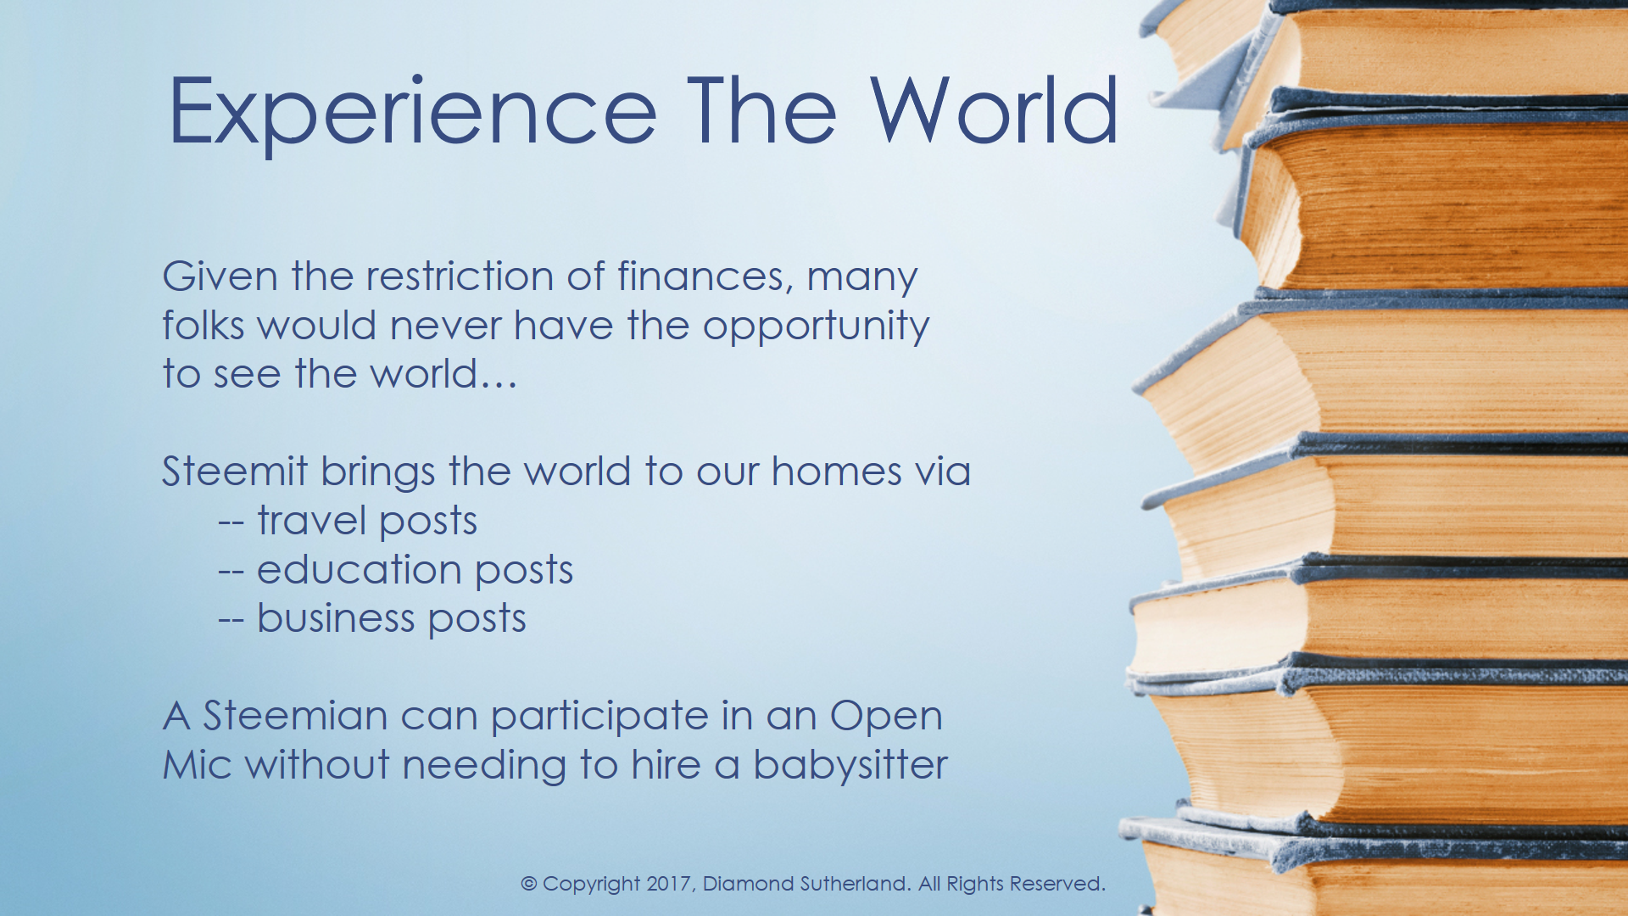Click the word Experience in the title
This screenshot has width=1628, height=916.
click(413, 113)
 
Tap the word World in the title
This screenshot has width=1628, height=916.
click(994, 110)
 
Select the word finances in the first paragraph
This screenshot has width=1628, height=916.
click(705, 277)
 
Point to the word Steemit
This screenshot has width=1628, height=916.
click(235, 472)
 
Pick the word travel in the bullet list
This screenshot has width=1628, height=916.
click(311, 520)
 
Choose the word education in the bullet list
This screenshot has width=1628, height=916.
click(359, 569)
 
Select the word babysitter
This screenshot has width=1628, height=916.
click(850, 765)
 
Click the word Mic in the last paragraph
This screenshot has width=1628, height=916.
click(197, 765)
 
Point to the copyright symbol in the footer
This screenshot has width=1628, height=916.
click(528, 884)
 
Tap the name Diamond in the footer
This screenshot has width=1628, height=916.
click(750, 884)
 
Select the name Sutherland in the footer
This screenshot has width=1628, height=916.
click(857, 884)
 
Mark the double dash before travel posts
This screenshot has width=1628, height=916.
click(231, 522)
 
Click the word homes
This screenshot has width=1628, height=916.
click(836, 472)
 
